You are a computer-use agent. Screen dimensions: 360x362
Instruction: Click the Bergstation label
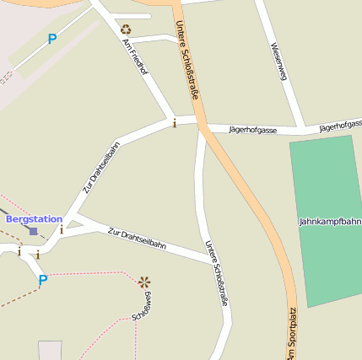[x=34, y=219]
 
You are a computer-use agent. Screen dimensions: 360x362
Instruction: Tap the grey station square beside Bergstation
[x=33, y=230]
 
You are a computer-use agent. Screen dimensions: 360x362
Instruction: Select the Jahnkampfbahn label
[x=330, y=222]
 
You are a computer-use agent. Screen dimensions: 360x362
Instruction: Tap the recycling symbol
[x=126, y=30]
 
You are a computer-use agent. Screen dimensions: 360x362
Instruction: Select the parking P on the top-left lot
[x=52, y=39]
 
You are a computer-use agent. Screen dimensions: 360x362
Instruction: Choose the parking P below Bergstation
[x=43, y=279]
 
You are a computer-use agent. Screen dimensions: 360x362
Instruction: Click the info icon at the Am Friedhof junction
[x=175, y=123]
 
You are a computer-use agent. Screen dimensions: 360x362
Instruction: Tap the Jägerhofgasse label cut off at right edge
[x=341, y=126]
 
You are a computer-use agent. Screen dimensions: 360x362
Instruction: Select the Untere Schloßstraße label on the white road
[x=217, y=272]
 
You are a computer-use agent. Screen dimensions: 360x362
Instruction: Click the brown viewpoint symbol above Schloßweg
[x=144, y=282]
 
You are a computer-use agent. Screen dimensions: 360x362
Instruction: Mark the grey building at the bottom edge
[x=50, y=350]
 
